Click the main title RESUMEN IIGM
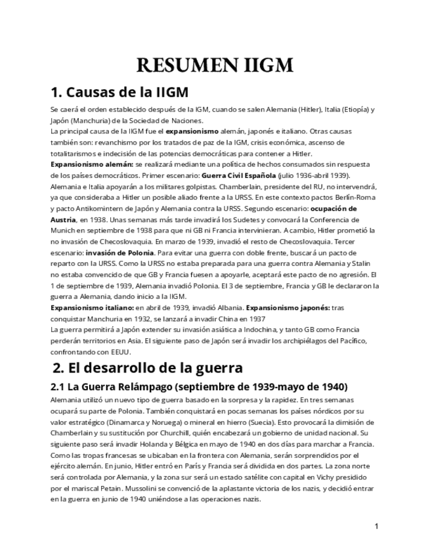pos(215,66)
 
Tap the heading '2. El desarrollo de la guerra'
pos(148,367)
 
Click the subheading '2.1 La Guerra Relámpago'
pos(199,386)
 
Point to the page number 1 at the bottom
pos(377,525)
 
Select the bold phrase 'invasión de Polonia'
pos(119,252)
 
